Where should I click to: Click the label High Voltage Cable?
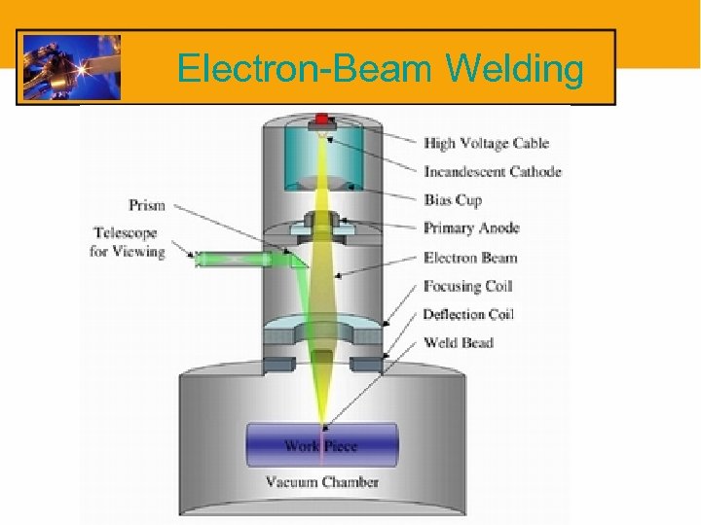coord(486,144)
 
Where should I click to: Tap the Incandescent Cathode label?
coord(492,172)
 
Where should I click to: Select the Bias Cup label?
coord(453,200)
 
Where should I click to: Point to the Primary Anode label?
coord(471,228)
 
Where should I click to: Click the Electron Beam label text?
coord(470,258)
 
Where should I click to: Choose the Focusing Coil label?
coord(467,286)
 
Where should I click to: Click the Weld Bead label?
coord(458,342)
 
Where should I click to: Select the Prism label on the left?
coord(147,205)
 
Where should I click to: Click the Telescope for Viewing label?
coord(129,242)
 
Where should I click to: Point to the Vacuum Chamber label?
coord(322,481)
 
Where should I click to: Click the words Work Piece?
coord(320,446)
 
